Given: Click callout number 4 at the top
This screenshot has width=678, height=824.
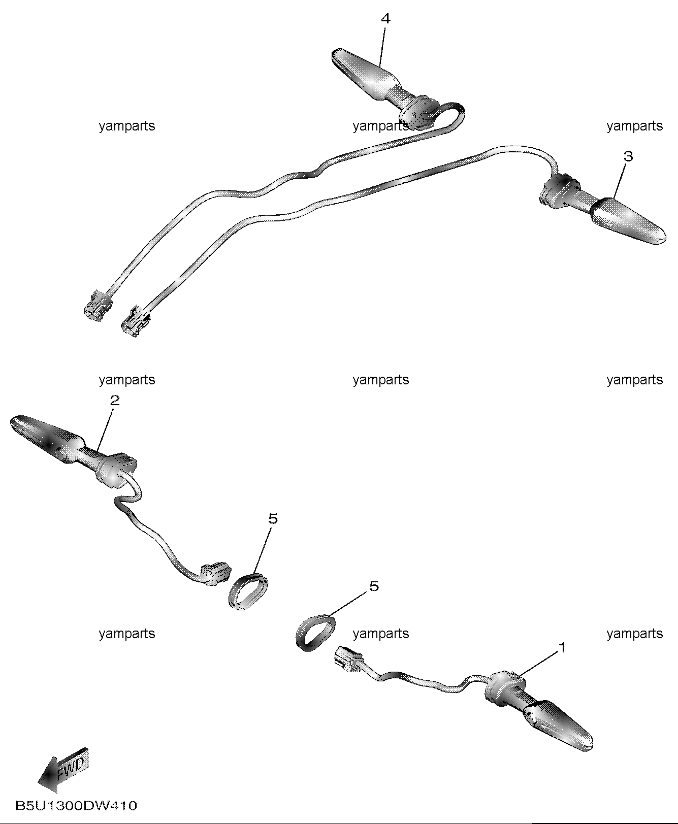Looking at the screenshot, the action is click(x=385, y=19).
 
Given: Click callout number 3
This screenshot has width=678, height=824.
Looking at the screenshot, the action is click(x=628, y=156).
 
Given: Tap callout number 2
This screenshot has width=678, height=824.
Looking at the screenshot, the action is click(x=115, y=401).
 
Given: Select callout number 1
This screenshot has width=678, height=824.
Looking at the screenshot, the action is click(x=562, y=648).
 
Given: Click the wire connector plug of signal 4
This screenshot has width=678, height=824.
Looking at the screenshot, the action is click(x=98, y=306).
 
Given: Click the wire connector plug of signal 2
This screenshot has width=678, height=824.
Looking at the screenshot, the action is click(x=215, y=573).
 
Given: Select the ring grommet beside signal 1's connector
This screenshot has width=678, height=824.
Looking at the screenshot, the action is click(x=315, y=631).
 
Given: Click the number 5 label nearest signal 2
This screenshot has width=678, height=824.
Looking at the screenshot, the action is click(x=273, y=519).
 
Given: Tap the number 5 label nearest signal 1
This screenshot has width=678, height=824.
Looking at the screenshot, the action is click(x=374, y=586).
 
